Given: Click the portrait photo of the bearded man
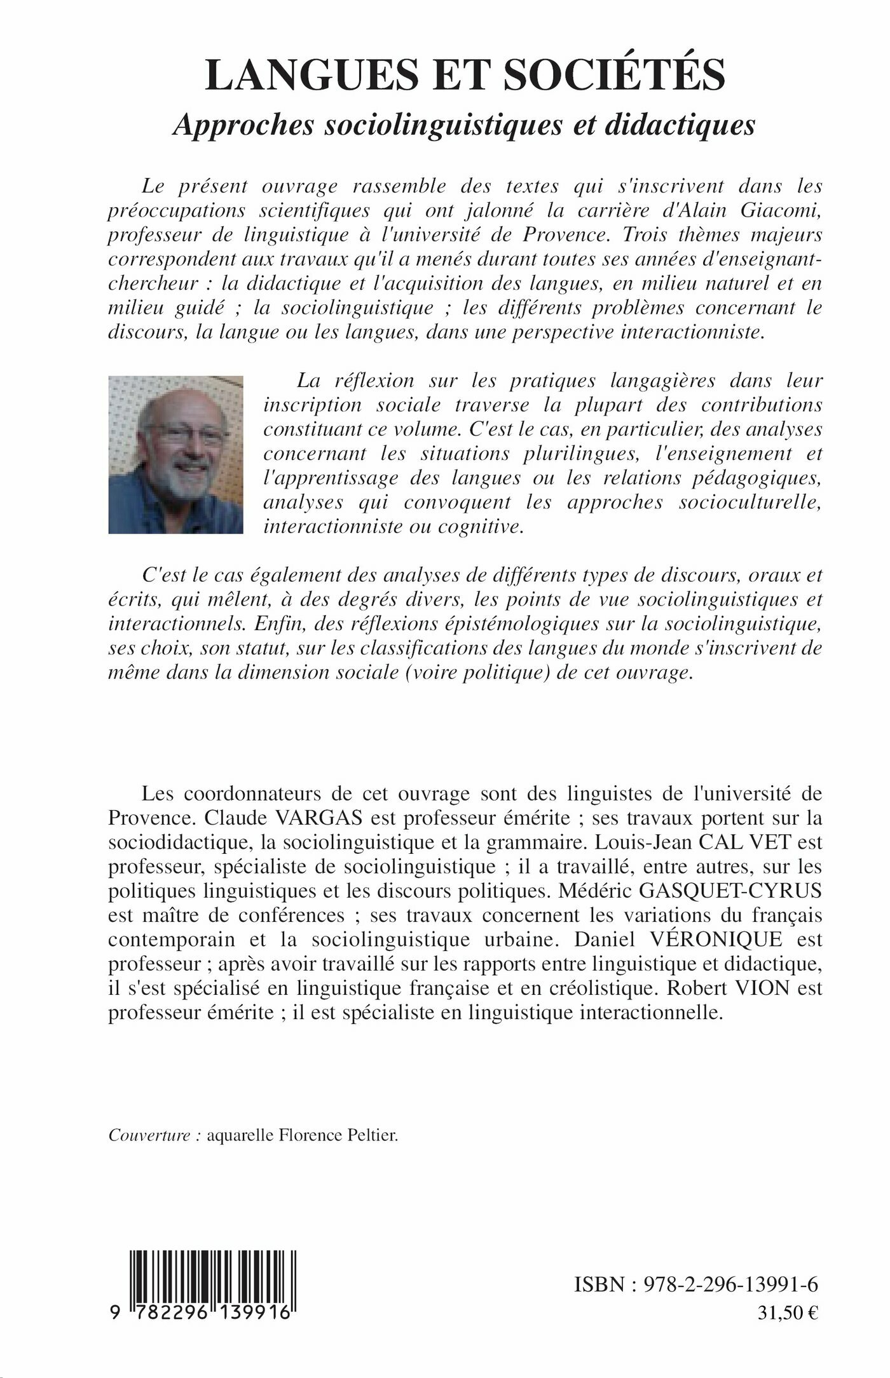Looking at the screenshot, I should click(176, 454).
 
